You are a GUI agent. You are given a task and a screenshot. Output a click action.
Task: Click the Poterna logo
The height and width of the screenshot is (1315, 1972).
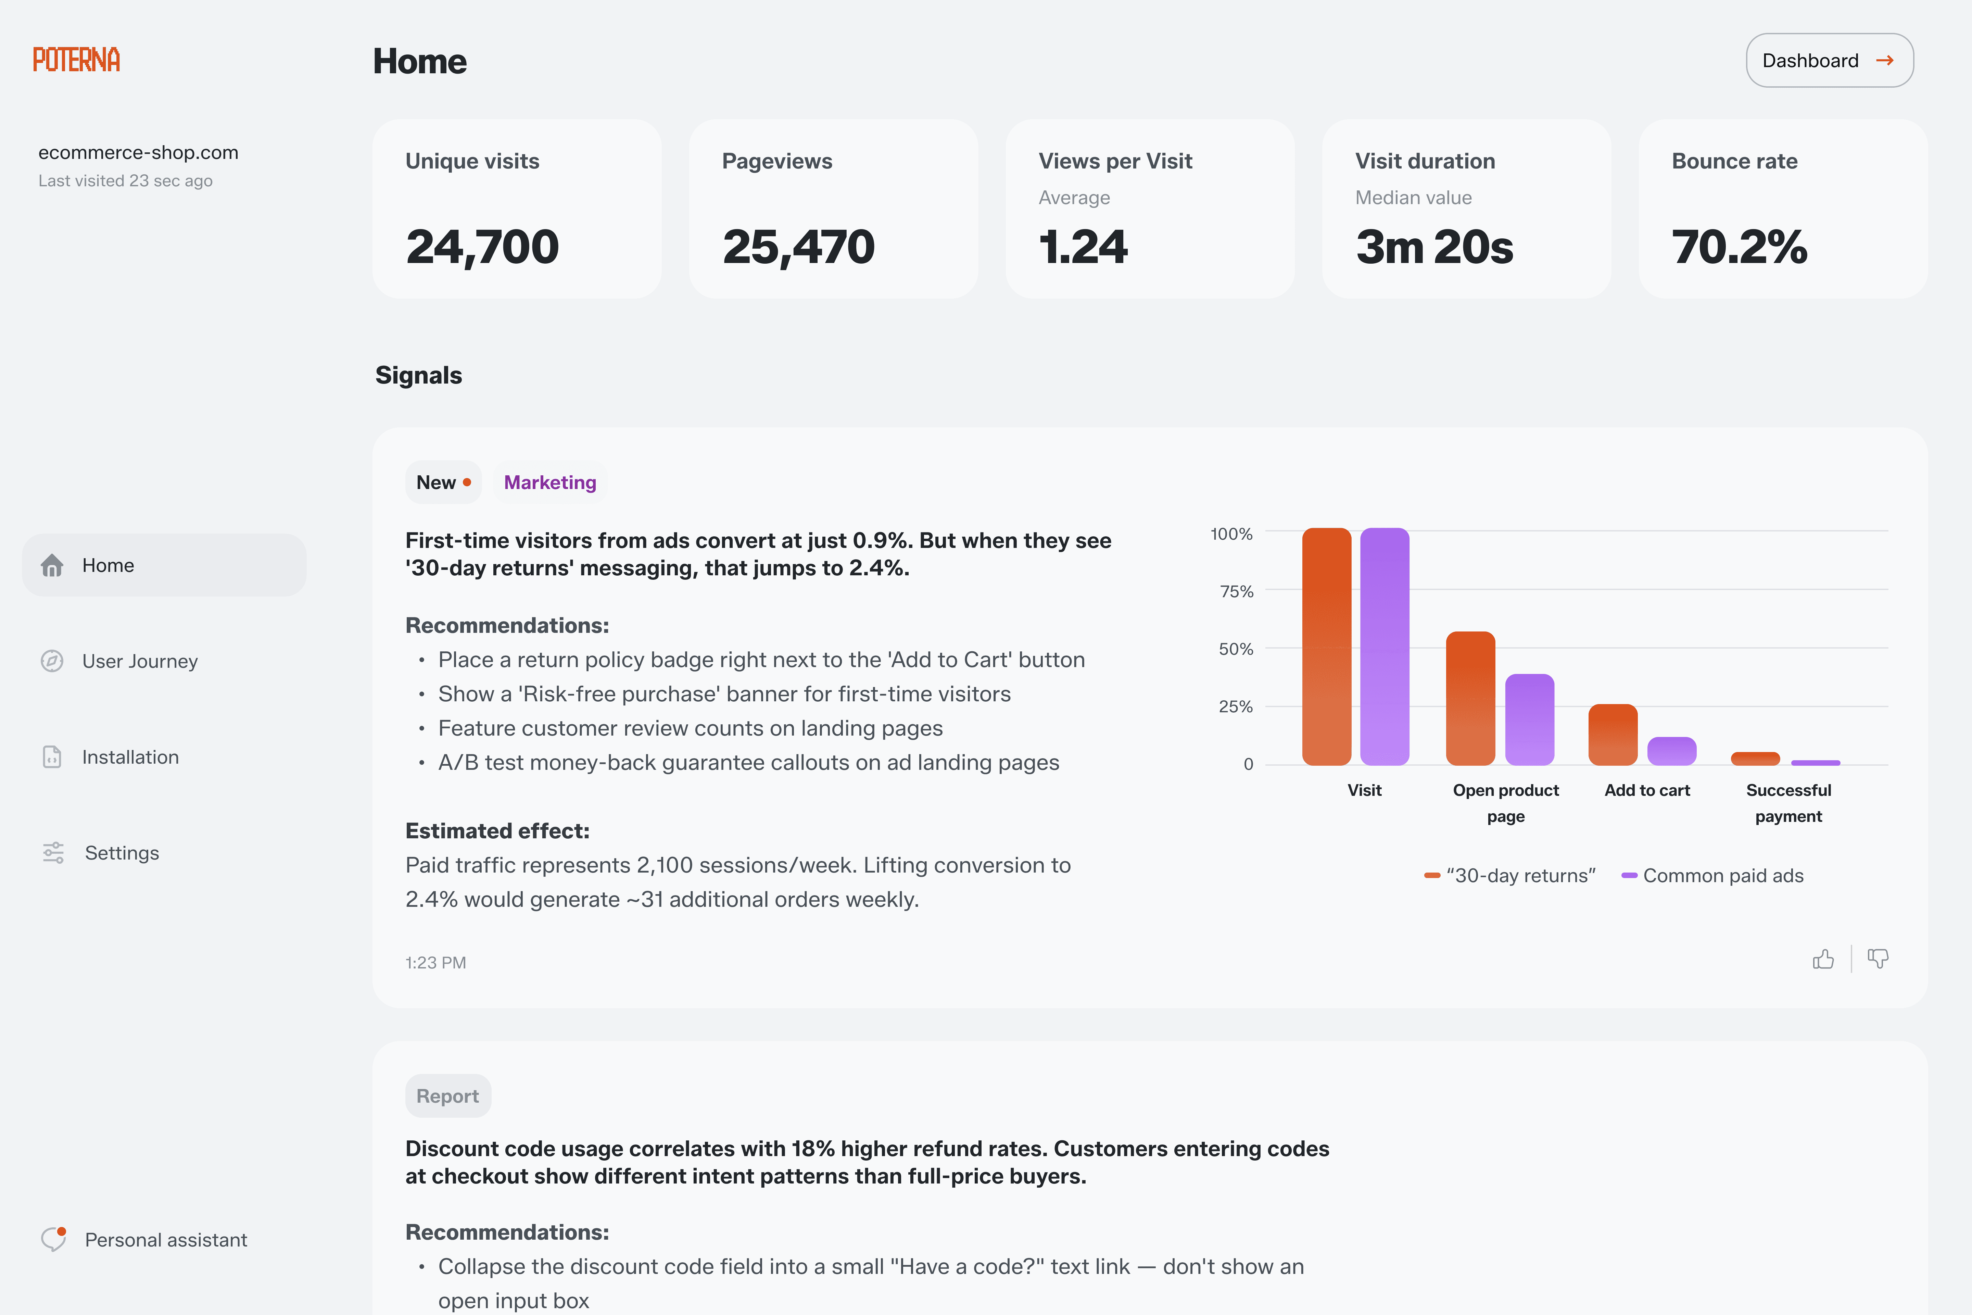pyautogui.click(x=76, y=60)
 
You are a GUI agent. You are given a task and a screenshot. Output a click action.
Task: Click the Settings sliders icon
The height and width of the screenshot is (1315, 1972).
pyautogui.click(x=53, y=853)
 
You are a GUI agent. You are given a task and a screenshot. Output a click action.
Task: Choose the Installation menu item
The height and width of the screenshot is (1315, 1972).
pyautogui.click(x=130, y=757)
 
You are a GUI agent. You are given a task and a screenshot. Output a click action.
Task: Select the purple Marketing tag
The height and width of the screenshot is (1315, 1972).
pyautogui.click(x=550, y=482)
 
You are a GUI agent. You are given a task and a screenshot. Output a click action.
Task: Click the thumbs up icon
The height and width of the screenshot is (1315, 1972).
pyautogui.click(x=1823, y=959)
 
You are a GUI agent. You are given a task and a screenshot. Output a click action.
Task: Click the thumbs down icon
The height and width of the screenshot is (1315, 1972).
pyautogui.click(x=1878, y=959)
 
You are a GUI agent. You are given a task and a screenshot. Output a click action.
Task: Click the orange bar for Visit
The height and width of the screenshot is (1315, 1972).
pyautogui.click(x=1326, y=646)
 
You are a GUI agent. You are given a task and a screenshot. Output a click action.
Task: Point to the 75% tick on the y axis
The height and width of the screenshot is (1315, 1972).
pyautogui.click(x=1236, y=591)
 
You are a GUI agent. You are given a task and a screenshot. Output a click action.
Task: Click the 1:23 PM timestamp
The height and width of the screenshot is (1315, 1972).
pyautogui.click(x=435, y=963)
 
